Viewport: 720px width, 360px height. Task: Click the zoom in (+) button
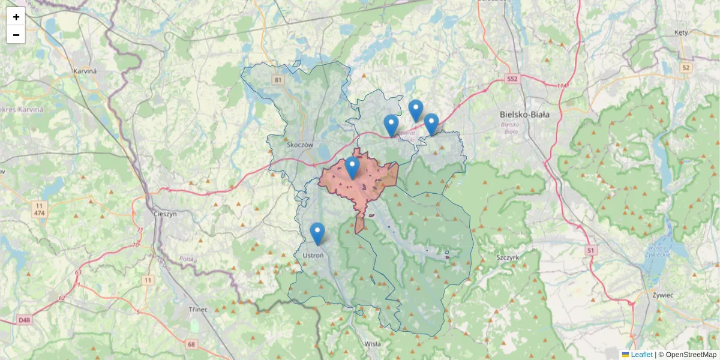(x=16, y=17)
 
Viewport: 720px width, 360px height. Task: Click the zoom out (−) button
(x=16, y=35)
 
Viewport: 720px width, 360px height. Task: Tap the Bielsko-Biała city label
(x=525, y=114)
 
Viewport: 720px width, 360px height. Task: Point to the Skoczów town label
(x=300, y=145)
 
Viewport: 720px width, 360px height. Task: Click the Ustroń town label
(x=313, y=255)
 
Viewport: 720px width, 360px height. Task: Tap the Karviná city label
(x=85, y=71)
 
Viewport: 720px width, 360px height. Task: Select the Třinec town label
(x=197, y=309)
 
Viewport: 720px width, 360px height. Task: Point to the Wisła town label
(x=372, y=344)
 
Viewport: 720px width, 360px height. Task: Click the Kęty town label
(x=681, y=32)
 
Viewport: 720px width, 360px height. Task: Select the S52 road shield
(x=511, y=79)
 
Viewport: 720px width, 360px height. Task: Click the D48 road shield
(x=24, y=320)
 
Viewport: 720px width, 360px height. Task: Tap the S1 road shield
(x=591, y=250)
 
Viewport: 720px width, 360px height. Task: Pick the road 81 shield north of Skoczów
(x=277, y=80)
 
